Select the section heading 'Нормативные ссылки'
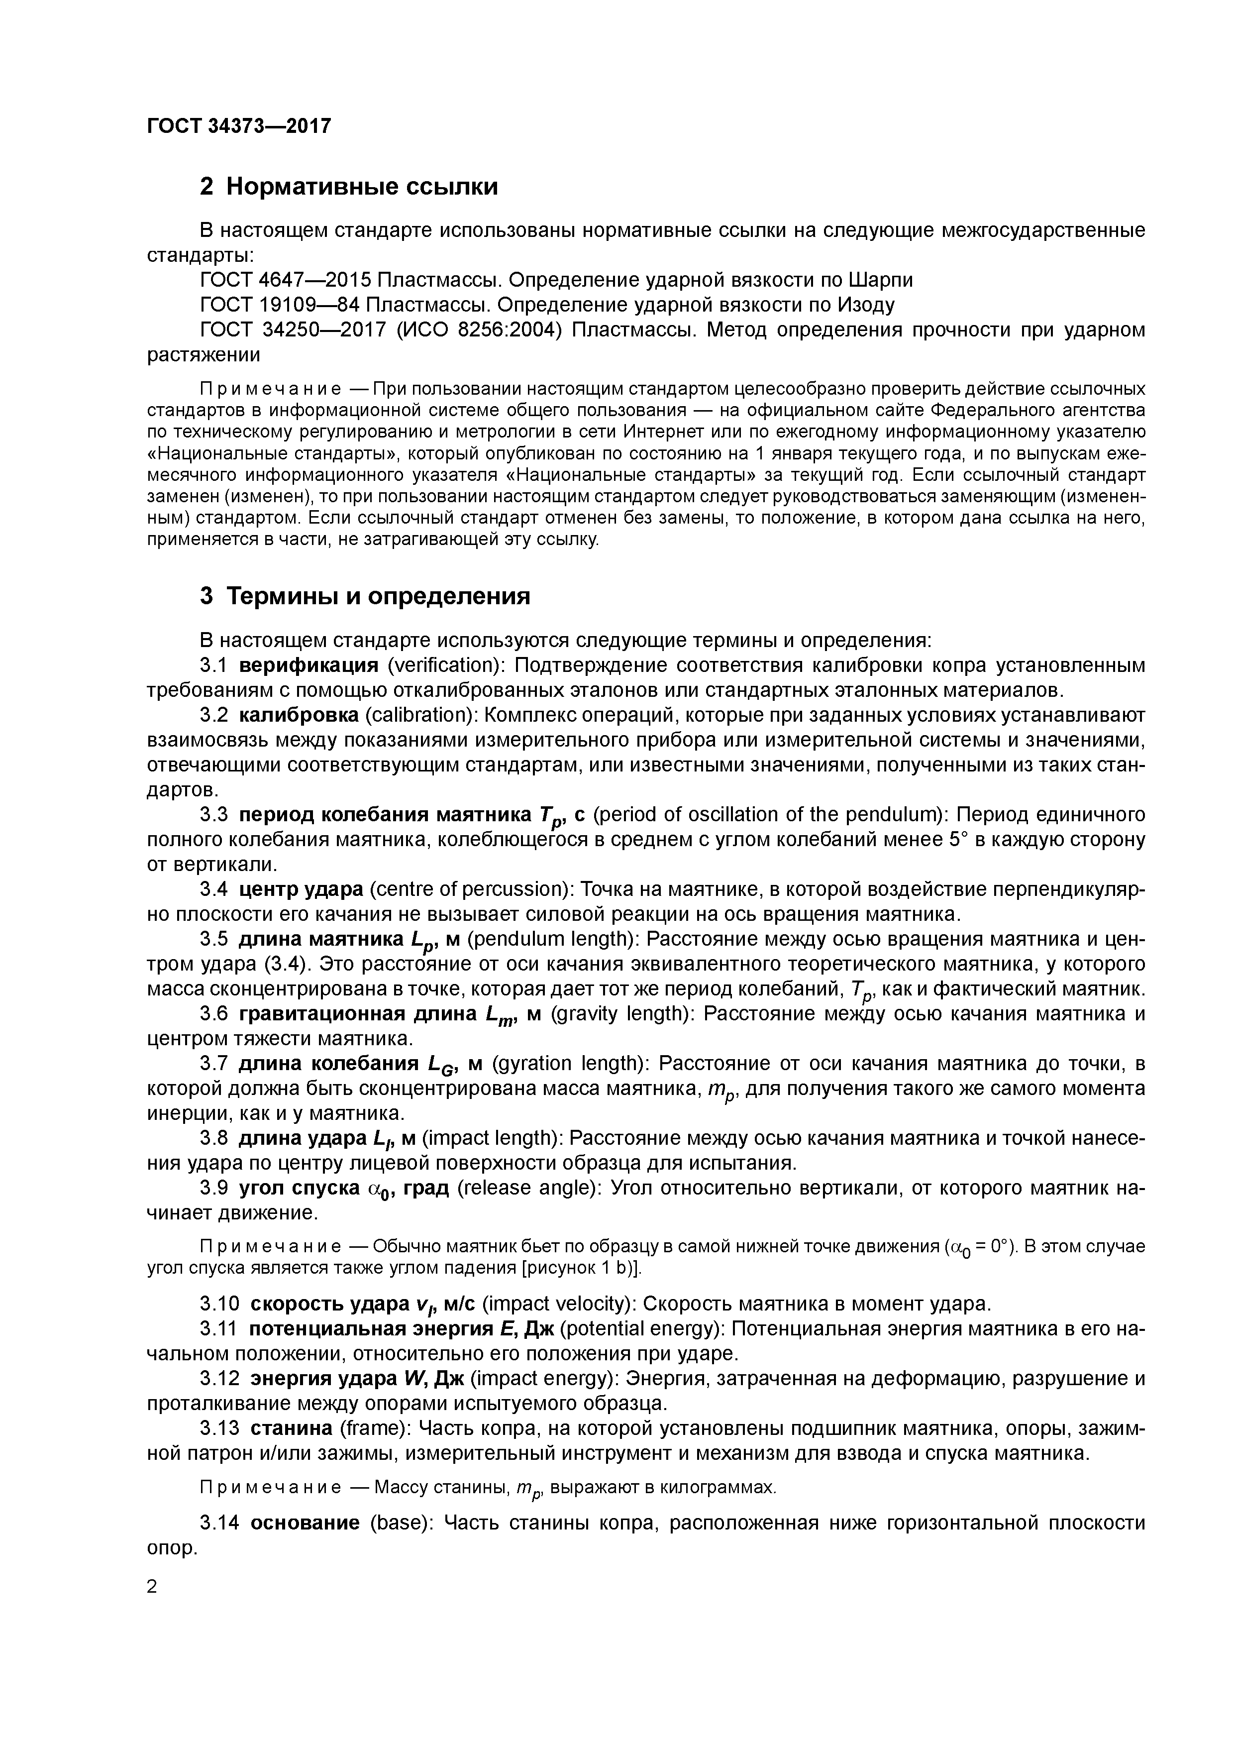click(x=362, y=186)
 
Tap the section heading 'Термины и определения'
click(x=379, y=596)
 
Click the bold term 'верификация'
click(x=308, y=666)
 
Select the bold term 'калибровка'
click(x=299, y=716)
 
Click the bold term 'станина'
click(x=291, y=1429)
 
